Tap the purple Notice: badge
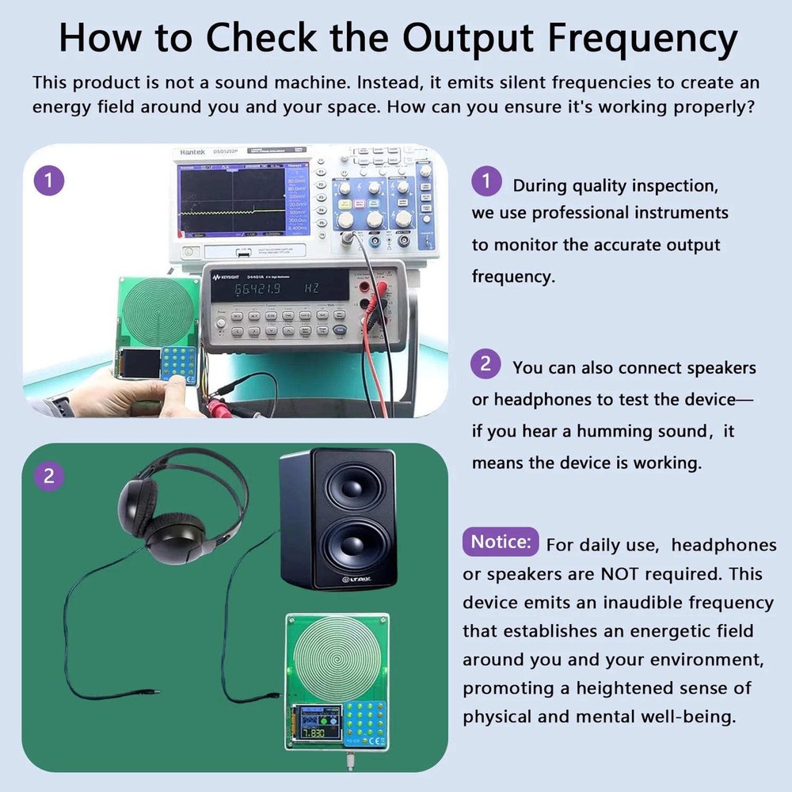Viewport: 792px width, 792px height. tap(501, 543)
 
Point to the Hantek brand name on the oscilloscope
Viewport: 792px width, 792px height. tap(192, 152)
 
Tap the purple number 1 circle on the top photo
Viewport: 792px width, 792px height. tap(49, 181)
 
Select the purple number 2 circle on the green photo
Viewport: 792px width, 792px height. tap(49, 476)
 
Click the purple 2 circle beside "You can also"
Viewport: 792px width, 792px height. tap(485, 365)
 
